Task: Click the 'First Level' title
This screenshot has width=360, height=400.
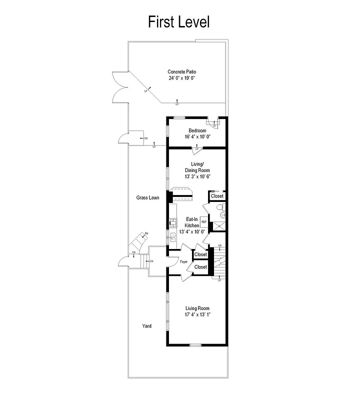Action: click(x=178, y=22)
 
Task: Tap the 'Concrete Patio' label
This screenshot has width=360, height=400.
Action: click(x=181, y=72)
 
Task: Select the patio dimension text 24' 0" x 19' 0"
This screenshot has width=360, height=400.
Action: click(x=181, y=78)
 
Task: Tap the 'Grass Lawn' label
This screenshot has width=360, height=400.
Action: click(x=147, y=197)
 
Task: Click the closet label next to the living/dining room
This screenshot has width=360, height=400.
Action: click(x=217, y=196)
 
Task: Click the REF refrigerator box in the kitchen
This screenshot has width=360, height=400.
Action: click(x=204, y=221)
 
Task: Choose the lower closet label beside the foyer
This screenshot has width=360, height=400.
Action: click(x=200, y=267)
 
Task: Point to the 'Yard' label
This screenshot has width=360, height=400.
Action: click(x=146, y=326)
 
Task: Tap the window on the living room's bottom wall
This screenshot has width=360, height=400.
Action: click(x=195, y=345)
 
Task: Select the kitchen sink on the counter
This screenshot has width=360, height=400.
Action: click(x=172, y=238)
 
